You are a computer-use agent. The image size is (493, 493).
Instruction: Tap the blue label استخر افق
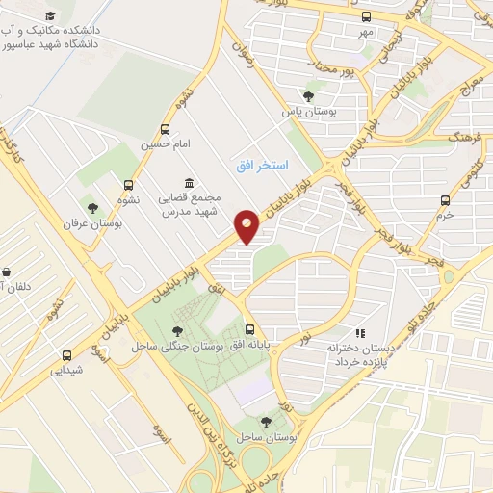point(262,166)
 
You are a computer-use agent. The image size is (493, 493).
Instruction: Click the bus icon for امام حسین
point(166,129)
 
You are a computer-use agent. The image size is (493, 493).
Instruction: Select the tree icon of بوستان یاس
point(308,96)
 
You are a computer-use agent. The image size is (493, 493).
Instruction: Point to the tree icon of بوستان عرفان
point(92,207)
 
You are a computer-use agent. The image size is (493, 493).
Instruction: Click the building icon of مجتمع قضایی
point(189,183)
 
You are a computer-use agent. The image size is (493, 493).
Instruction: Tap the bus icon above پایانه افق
point(249,327)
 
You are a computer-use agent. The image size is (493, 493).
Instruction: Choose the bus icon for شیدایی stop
point(66,354)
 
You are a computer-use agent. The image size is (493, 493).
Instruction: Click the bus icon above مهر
point(365,16)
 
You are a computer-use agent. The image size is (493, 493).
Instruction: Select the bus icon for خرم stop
point(444,200)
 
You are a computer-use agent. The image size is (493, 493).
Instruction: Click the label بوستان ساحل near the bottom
point(267,437)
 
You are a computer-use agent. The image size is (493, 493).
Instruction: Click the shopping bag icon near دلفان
point(7,272)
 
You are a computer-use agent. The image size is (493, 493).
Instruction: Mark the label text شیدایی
point(66,370)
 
